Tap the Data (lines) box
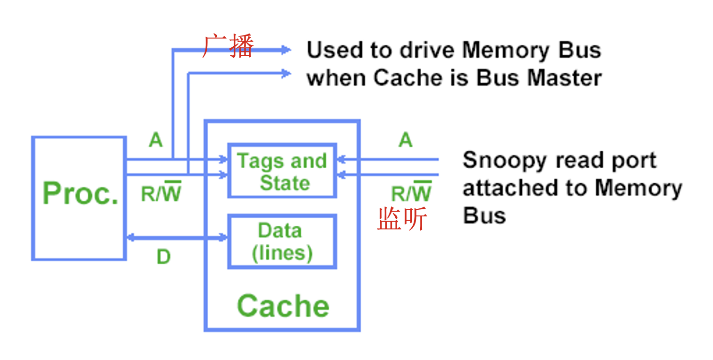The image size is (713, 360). (282, 242)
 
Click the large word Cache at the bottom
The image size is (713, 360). (283, 306)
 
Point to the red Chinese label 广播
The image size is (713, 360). (229, 47)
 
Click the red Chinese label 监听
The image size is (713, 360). (402, 219)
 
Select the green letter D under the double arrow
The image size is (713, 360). (163, 257)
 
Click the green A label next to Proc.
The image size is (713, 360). (155, 140)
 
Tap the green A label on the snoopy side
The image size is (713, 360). (405, 140)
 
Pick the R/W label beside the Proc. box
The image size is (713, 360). (161, 193)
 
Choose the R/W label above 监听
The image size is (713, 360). (411, 193)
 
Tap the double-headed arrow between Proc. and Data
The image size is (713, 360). (177, 238)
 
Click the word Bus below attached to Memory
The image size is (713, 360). (484, 215)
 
